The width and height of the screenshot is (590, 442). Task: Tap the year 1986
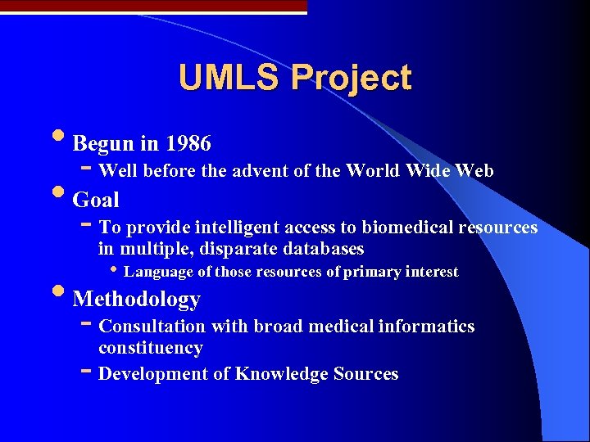coord(188,144)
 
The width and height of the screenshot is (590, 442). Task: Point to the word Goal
coord(96,200)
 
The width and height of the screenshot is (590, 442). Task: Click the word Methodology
coord(136,300)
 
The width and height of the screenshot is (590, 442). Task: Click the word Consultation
coord(152,327)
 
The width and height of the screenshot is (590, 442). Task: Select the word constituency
coord(150,348)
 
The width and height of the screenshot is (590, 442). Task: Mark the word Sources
coord(365,374)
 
